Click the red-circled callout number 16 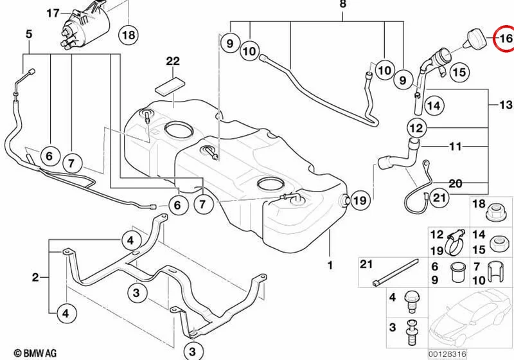504,39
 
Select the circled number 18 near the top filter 128,35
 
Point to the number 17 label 53,14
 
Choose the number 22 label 173,60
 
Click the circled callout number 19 360,200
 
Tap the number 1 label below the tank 330,265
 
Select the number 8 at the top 342,4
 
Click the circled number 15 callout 459,72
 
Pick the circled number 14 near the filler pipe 434,105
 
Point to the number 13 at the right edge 506,104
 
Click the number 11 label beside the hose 455,146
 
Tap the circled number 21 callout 439,197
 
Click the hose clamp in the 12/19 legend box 455,242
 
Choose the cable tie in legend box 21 396,272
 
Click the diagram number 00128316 447,354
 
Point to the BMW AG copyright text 35,353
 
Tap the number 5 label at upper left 29,34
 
